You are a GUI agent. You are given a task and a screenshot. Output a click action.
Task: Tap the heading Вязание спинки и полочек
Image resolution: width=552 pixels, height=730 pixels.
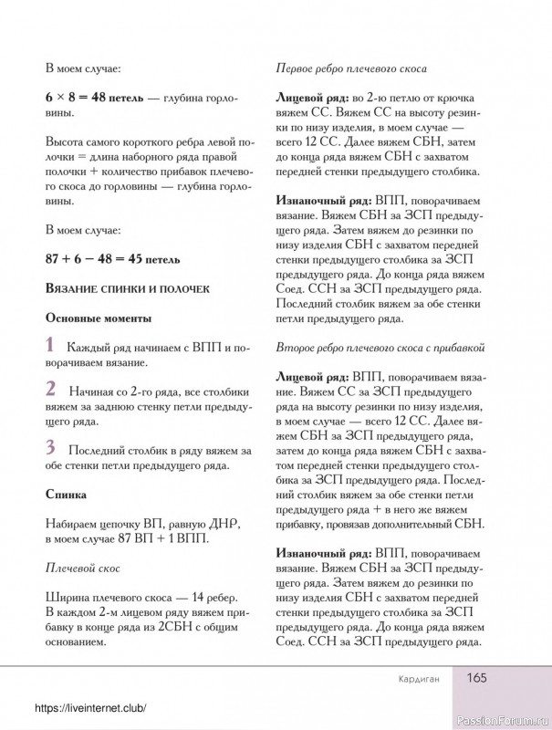click(x=127, y=288)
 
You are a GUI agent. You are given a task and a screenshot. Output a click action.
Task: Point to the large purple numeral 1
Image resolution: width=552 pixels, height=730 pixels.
click(x=49, y=346)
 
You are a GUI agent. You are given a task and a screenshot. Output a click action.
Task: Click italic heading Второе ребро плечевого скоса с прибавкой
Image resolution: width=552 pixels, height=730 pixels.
click(x=379, y=348)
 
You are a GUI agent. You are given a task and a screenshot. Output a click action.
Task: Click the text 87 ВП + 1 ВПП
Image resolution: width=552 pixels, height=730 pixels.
click(x=157, y=539)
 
